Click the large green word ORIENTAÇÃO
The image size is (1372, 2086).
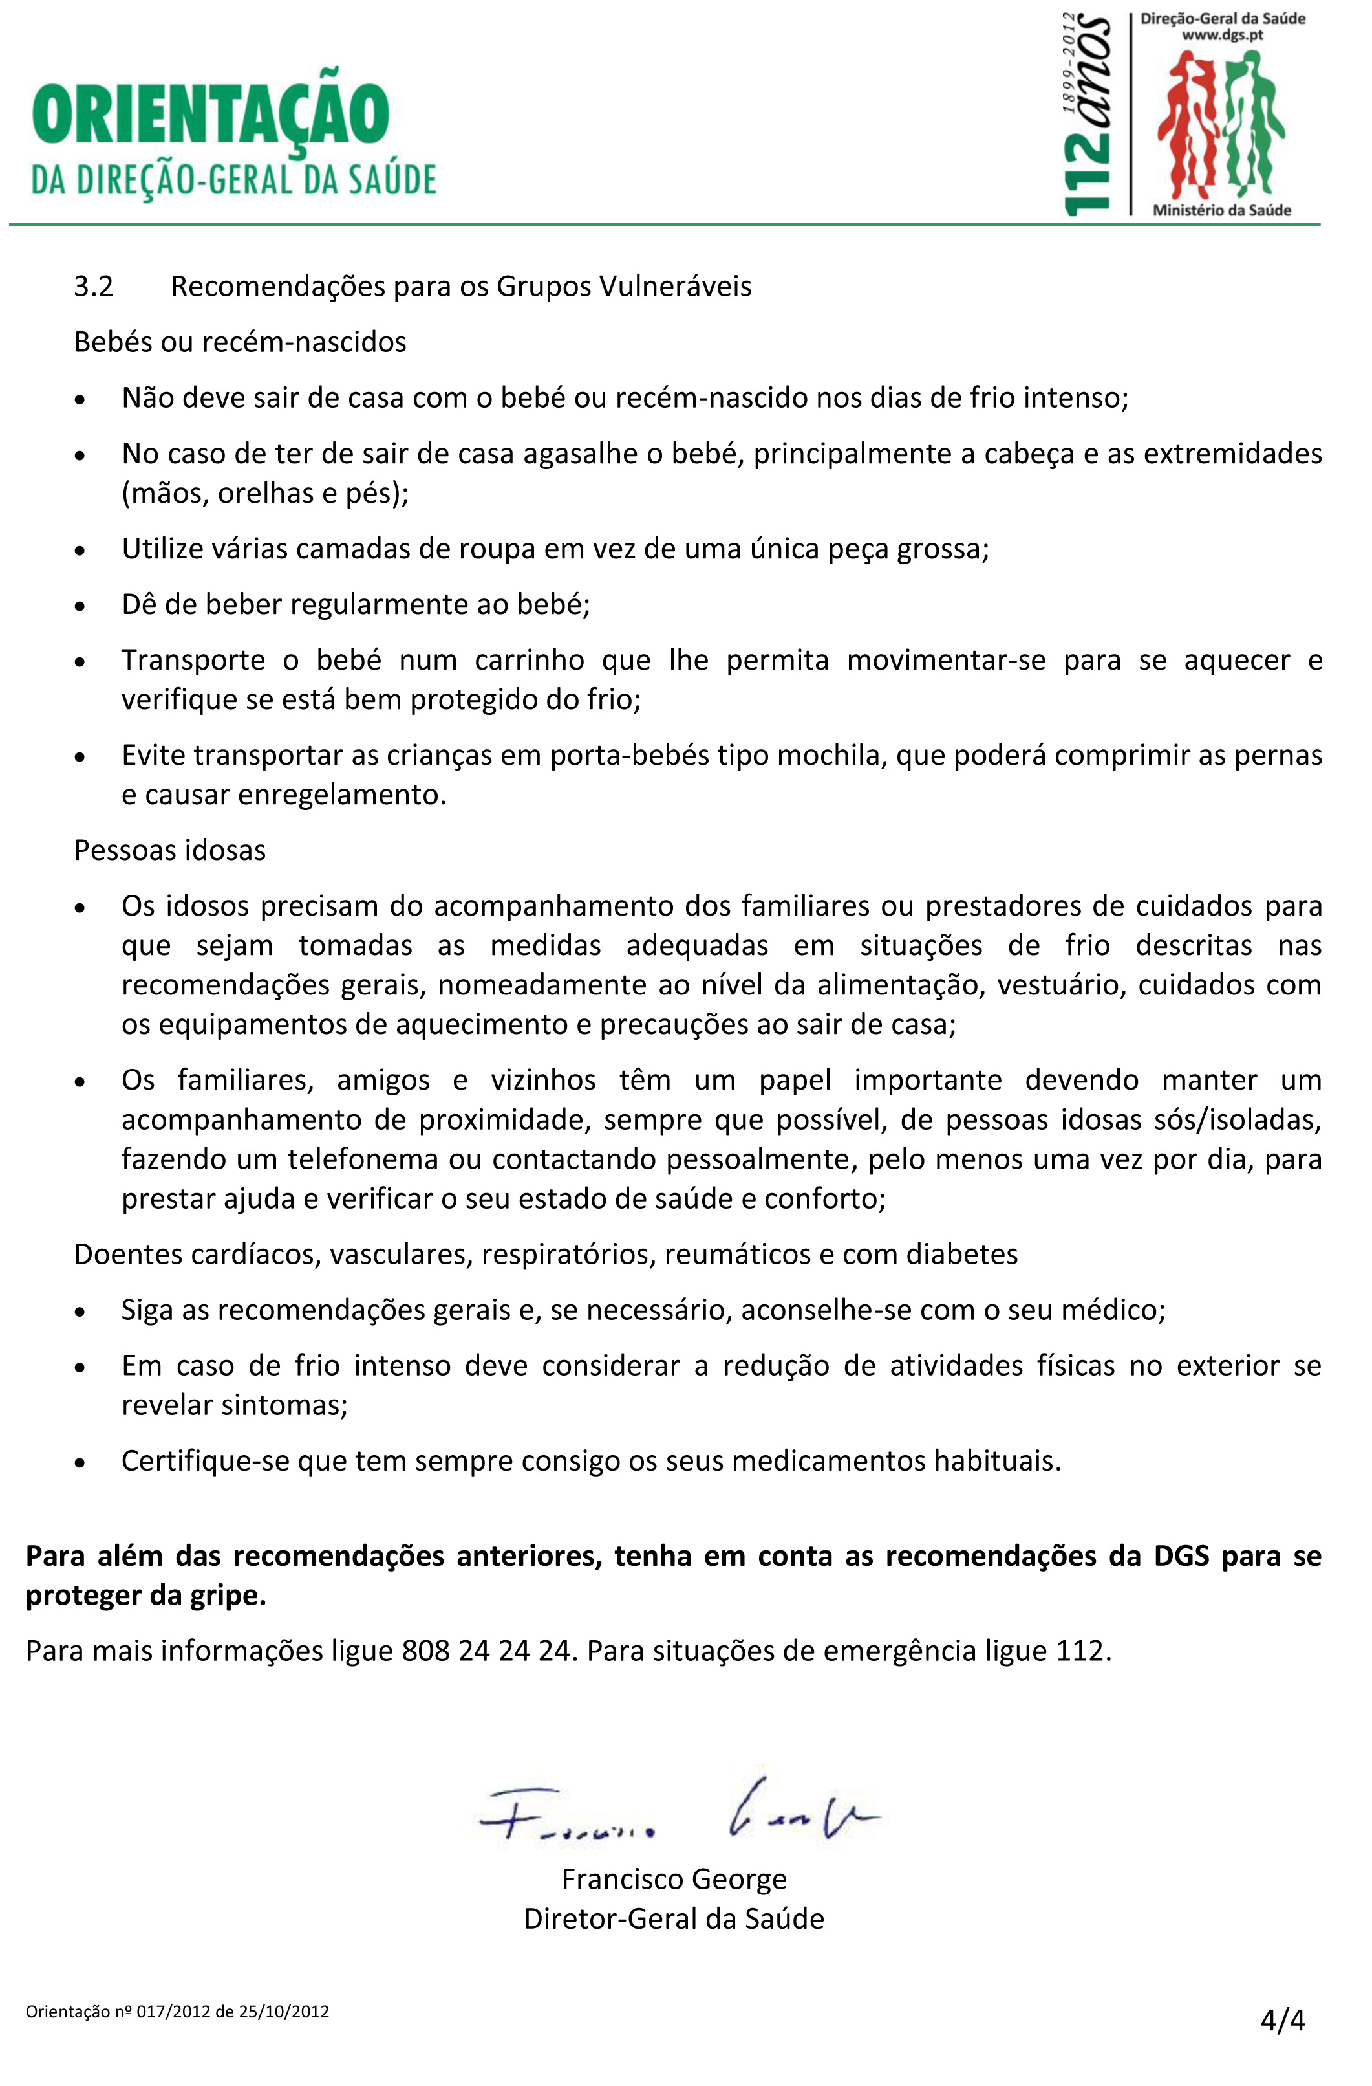210,114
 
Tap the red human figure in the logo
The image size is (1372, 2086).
1187,123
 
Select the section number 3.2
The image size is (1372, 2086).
94,287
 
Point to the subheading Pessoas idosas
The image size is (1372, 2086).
170,850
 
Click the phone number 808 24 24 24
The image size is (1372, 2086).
486,1651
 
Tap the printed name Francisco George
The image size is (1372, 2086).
674,1879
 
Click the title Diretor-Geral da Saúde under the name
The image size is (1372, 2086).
674,1918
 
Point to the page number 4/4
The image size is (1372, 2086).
1283,2019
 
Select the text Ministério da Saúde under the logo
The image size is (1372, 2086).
1221,210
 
